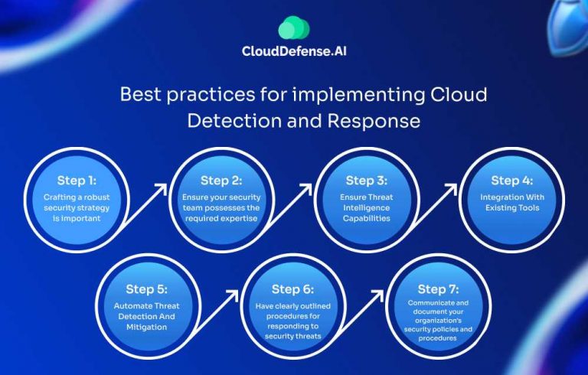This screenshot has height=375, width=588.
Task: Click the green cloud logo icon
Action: pyautogui.click(x=294, y=29)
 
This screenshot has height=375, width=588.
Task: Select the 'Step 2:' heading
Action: pyautogui.click(x=222, y=181)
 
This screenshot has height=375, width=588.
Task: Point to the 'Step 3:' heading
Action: pyautogui.click(x=367, y=181)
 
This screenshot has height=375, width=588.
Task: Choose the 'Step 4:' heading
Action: pyautogui.click(x=511, y=181)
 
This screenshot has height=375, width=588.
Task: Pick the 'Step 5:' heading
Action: pyautogui.click(x=148, y=290)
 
